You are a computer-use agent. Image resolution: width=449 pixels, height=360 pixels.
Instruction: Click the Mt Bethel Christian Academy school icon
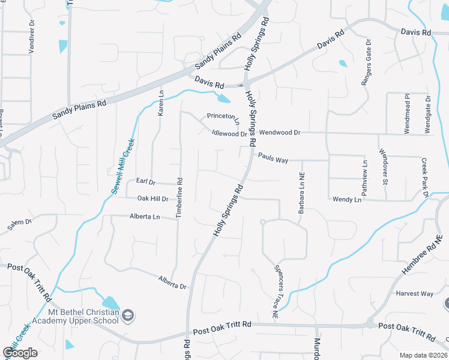coord(128,315)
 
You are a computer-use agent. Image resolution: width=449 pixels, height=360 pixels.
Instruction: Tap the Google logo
coord(20,353)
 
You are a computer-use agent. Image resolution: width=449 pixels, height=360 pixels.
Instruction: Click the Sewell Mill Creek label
coord(122,166)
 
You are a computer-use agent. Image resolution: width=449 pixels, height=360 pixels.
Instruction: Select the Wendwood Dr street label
coord(280,132)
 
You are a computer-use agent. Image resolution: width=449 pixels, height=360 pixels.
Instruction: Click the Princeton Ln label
coord(223,116)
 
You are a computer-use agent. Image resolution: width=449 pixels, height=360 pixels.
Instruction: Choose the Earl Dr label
coord(145,181)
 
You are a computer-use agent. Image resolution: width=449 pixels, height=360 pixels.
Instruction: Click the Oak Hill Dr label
coord(153,198)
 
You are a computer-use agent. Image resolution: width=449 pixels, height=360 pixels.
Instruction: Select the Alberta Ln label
coord(145,216)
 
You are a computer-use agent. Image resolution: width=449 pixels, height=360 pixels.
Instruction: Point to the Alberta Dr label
coord(172,282)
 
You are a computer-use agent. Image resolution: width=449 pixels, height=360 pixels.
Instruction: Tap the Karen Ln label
coord(161,103)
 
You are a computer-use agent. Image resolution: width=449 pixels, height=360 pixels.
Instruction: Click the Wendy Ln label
coord(346,199)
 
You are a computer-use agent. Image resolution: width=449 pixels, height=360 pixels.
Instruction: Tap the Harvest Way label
coord(414,293)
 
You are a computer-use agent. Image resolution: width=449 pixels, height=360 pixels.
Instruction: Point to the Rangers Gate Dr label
coord(366,62)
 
